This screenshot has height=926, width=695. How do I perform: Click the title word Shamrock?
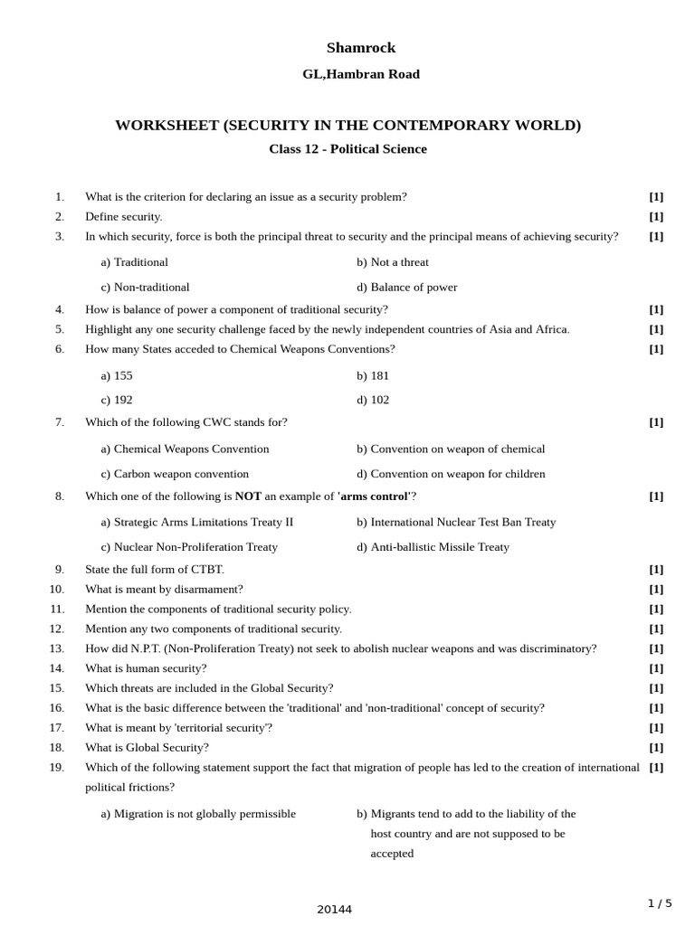point(361,48)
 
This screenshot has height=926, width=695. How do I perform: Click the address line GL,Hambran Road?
point(361,74)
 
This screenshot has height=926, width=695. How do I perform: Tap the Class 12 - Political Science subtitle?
point(347,149)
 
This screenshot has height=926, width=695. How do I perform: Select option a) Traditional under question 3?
point(135,262)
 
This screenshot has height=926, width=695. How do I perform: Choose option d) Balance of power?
point(406,288)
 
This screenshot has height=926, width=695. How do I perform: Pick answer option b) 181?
point(373,375)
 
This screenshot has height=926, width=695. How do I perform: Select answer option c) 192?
point(117,400)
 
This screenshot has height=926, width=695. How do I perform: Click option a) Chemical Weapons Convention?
point(185,449)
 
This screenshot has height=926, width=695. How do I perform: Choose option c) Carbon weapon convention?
point(175,474)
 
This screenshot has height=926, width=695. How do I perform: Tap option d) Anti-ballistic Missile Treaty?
point(433,547)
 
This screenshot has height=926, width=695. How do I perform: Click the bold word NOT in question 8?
point(248,496)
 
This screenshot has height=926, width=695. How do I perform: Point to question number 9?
point(59,570)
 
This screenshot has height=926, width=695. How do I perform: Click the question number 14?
point(57,668)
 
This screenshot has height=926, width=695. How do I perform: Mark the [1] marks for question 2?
point(656,217)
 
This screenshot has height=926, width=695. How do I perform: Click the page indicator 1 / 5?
point(660,903)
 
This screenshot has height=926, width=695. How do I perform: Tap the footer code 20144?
point(334,910)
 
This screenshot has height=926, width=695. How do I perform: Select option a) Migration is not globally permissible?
point(198,814)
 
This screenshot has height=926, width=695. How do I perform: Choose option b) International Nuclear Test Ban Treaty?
point(456,522)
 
